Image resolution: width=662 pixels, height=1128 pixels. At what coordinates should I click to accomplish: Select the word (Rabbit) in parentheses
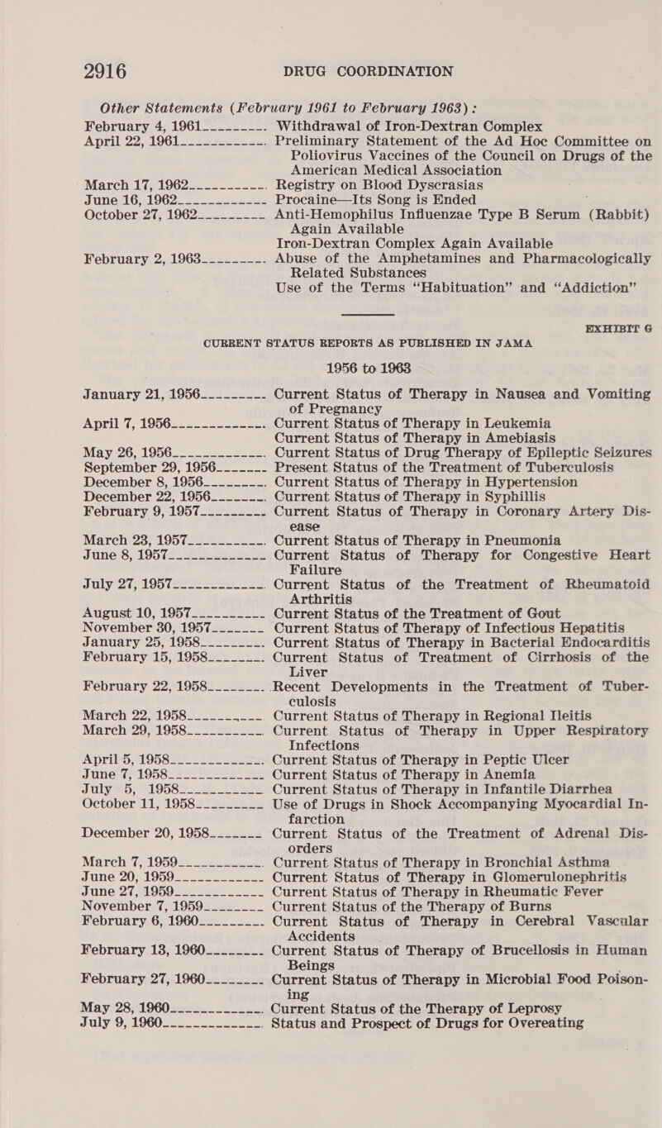coord(611,188)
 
